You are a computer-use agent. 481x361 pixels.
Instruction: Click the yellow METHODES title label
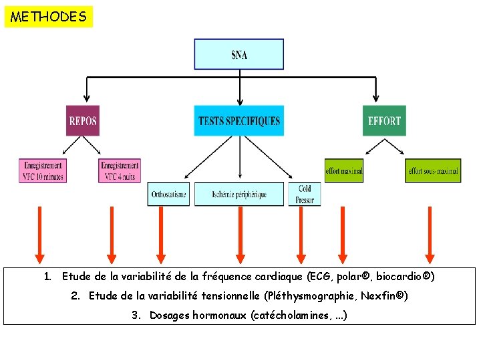(x=49, y=17)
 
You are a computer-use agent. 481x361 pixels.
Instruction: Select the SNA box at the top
(x=238, y=54)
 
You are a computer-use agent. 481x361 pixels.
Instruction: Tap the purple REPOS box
(x=83, y=121)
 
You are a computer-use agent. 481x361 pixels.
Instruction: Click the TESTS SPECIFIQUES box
(x=239, y=121)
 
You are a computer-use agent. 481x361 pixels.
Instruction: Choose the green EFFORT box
(x=384, y=121)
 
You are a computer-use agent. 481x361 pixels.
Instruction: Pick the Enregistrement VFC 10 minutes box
(x=43, y=170)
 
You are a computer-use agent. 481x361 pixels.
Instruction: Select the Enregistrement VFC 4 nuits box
(x=120, y=170)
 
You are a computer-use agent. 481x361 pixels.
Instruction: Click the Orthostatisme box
(x=168, y=194)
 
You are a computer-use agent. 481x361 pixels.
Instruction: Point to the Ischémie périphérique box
(x=238, y=194)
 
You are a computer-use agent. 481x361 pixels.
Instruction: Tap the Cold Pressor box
(x=305, y=194)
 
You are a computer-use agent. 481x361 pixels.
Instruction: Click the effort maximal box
(x=344, y=170)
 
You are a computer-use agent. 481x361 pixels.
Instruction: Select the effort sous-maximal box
(x=432, y=170)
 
